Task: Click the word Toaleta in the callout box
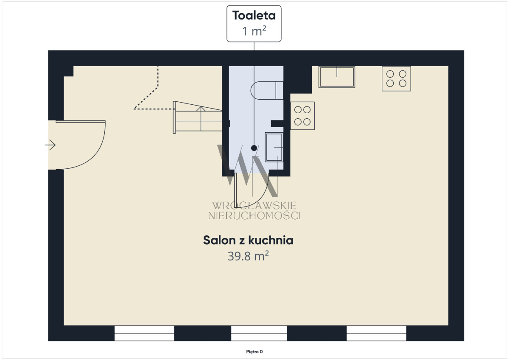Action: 254,16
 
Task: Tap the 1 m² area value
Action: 254,31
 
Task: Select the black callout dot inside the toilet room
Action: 254,148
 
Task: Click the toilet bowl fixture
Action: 267,90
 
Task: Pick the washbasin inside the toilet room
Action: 274,147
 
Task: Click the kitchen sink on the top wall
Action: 337,77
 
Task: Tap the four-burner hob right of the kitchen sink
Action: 396,78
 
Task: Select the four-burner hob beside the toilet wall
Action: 302,116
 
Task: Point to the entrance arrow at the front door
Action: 50,145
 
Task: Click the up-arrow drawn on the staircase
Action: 201,118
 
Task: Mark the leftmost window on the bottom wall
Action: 144,333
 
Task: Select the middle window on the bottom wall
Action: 259,333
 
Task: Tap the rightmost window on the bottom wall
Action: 376,333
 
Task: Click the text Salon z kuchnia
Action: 248,240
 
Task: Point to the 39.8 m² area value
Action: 248,256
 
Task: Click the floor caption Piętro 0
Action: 255,352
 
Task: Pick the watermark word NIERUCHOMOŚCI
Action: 255,216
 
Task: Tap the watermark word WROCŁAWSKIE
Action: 254,206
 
